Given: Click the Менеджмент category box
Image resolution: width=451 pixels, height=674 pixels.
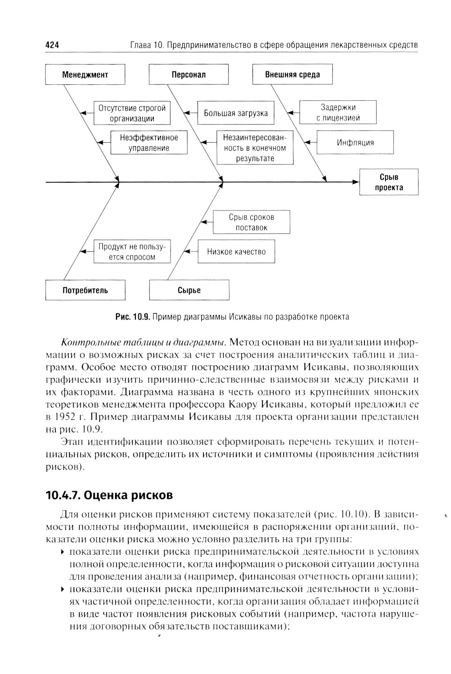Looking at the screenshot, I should pyautogui.click(x=85, y=74).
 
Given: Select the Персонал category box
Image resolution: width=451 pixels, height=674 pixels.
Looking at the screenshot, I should pyautogui.click(x=189, y=74).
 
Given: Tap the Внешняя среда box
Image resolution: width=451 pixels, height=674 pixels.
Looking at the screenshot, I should pyautogui.click(x=292, y=74).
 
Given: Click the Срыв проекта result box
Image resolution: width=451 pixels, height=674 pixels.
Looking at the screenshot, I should pyautogui.click(x=389, y=182).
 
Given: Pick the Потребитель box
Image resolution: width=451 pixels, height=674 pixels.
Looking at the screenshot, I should pyautogui.click(x=85, y=290).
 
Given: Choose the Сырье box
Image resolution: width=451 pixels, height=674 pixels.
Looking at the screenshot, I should pyautogui.click(x=189, y=290).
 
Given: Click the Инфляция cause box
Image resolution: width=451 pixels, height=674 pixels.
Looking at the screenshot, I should pyautogui.click(x=355, y=143).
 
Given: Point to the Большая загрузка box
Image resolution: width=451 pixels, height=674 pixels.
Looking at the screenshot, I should pyautogui.click(x=236, y=113).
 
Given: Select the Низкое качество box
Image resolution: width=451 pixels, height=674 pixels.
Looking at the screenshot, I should pyautogui.click(x=236, y=252).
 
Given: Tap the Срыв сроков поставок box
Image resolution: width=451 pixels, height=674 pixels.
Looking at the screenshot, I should pyautogui.click(x=251, y=223).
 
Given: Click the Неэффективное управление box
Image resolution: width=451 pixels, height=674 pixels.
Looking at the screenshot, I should pyautogui.click(x=149, y=143).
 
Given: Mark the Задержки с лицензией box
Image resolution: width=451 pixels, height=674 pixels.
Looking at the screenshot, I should pyautogui.click(x=338, y=113).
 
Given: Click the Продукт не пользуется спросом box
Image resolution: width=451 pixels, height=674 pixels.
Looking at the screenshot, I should pyautogui.click(x=132, y=252).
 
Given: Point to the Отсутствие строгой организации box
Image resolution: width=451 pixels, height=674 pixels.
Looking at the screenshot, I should pyautogui.click(x=132, y=113).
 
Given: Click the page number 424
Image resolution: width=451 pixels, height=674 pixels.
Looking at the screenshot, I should pyautogui.click(x=53, y=45).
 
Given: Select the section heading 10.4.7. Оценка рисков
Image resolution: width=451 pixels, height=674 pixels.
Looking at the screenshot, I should pyautogui.click(x=109, y=495).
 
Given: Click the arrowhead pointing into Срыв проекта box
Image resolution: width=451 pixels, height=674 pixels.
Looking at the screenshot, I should pyautogui.click(x=356, y=182).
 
